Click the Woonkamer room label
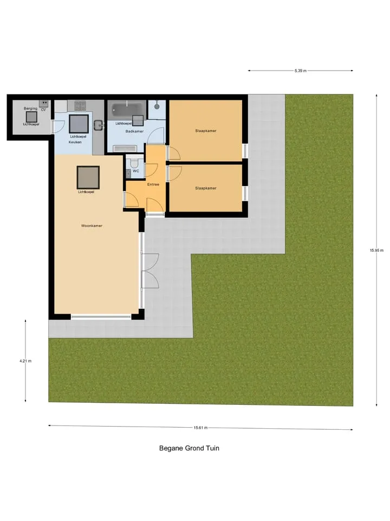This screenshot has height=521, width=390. pyautogui.click(x=92, y=226)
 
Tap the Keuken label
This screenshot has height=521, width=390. pyautogui.click(x=75, y=142)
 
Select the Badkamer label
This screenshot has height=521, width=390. pyautogui.click(x=135, y=131)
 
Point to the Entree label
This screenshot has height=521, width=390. pyautogui.click(x=153, y=185)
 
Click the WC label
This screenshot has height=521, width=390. pyautogui.click(x=136, y=171)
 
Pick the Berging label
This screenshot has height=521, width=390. pyautogui.click(x=30, y=109)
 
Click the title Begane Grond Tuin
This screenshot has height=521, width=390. pyautogui.click(x=189, y=448)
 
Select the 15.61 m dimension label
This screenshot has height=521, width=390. pyautogui.click(x=200, y=428)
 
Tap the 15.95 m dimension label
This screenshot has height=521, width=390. pyautogui.click(x=377, y=251)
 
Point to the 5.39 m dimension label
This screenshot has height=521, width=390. pyautogui.click(x=301, y=71)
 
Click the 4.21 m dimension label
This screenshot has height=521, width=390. pyautogui.click(x=25, y=361)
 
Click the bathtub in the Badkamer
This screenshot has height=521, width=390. pyautogui.click(x=127, y=109)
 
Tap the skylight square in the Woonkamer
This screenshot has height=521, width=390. pyautogui.click(x=88, y=177)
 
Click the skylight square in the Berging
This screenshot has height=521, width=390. pyautogui.click(x=31, y=117)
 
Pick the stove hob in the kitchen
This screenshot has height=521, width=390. pyautogui.click(x=80, y=106)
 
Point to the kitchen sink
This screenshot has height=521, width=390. pyautogui.click(x=99, y=125)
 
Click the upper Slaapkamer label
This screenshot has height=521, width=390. pyautogui.click(x=206, y=131)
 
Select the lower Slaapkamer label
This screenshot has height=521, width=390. pyautogui.click(x=206, y=188)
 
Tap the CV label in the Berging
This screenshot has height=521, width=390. pyautogui.click(x=43, y=110)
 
